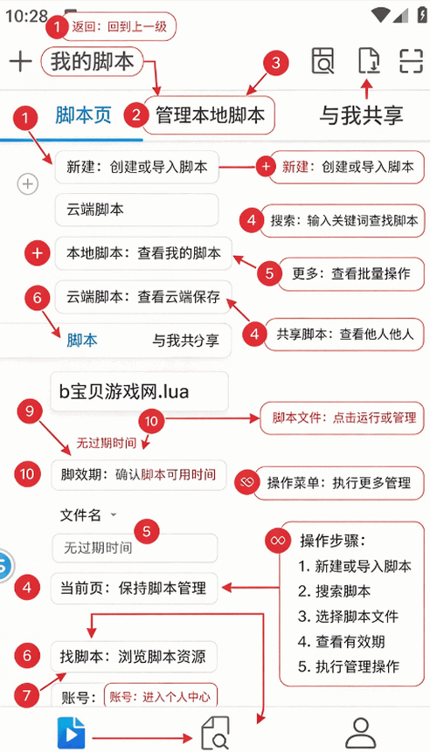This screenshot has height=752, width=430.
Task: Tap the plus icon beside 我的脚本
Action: pos(20,62)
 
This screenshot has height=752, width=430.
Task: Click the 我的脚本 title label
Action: pos(92,62)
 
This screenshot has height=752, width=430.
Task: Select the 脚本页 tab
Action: pos(83,115)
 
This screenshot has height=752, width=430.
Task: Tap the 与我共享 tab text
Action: pos(361,115)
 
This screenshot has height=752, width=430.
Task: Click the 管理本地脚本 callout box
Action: pos(210,115)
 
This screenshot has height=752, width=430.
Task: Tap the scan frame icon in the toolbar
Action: pos(412,61)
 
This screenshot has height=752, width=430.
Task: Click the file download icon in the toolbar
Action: pos(369,61)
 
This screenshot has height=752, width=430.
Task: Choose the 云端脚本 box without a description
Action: pos(136,210)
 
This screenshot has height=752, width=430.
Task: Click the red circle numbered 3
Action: pos(275,63)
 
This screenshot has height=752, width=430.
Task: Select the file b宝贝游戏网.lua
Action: pos(139,392)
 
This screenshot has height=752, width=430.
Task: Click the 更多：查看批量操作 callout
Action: pos(350,273)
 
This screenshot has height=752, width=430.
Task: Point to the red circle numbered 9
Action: pos(30,412)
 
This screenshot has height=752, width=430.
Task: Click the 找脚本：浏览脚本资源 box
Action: pos(134,656)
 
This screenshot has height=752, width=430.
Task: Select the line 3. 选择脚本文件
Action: pos(348,617)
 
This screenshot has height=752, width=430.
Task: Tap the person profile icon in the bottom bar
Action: pos(360,733)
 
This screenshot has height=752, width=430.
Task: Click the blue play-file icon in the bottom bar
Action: pos(72,734)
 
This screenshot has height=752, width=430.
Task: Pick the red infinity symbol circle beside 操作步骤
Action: pos(278,540)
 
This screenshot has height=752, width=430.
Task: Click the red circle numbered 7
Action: pos(27,695)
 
